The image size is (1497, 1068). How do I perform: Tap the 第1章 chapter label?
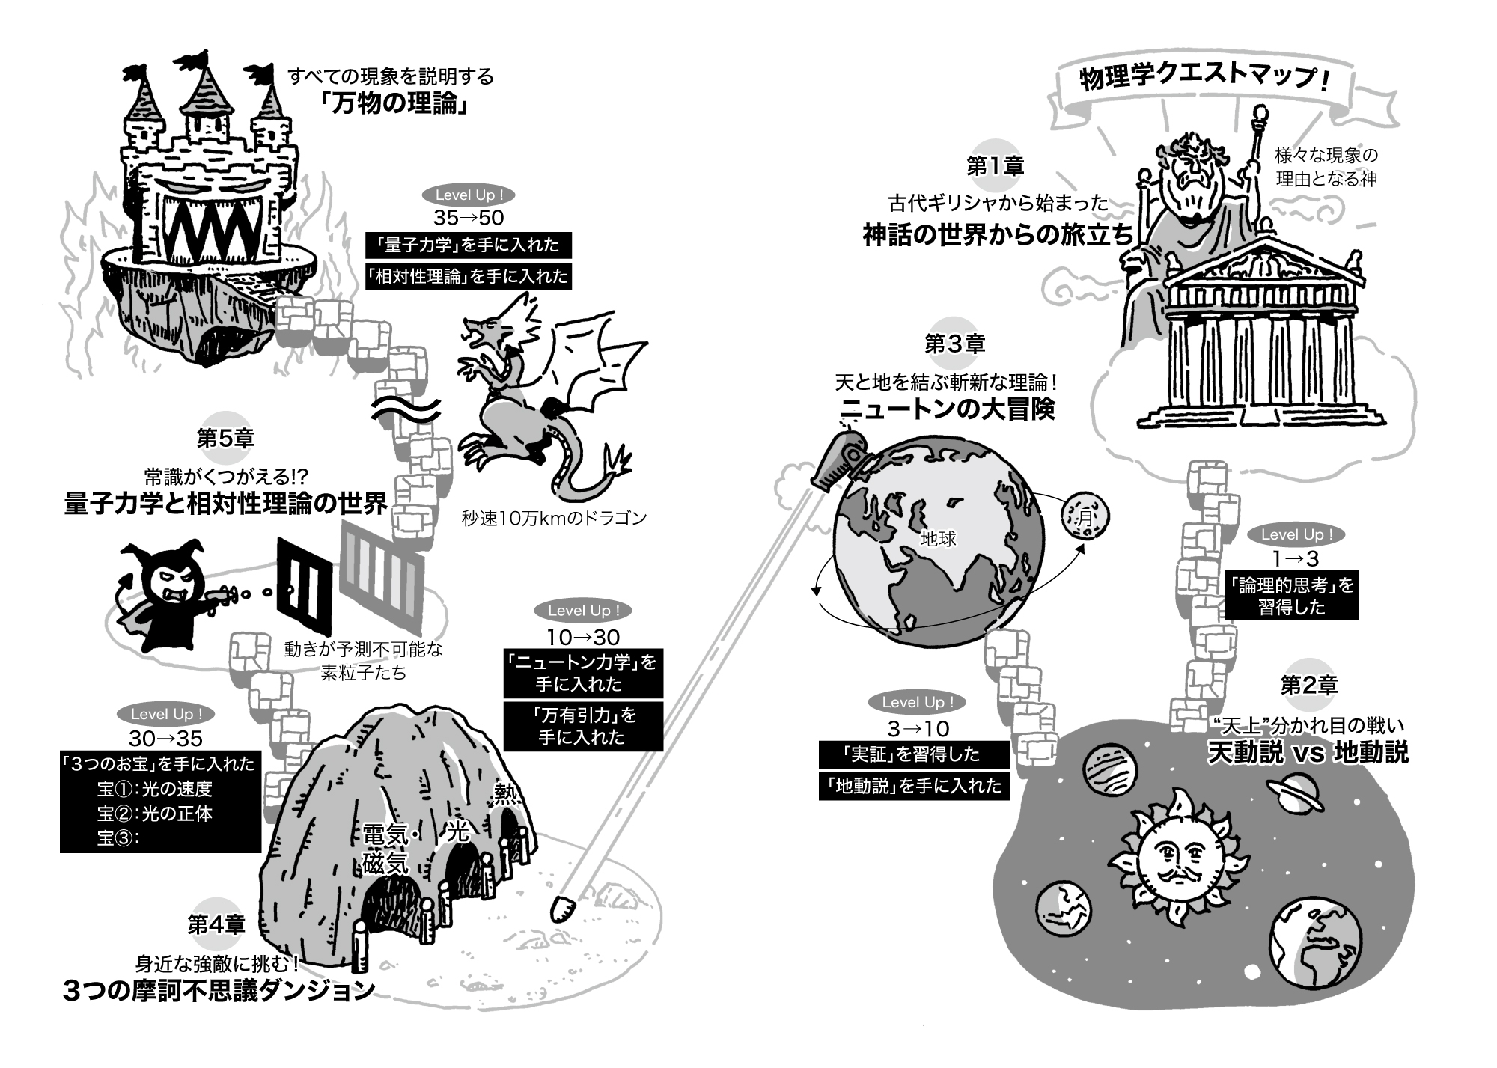[995, 166]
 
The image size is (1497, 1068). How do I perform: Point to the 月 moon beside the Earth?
[1085, 516]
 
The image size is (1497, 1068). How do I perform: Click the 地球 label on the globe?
[939, 538]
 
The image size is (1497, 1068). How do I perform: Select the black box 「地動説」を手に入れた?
[914, 786]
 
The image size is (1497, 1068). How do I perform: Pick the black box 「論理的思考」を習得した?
[1291, 596]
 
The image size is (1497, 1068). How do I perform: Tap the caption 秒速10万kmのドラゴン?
[554, 518]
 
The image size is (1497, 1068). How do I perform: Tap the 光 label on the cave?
[457, 831]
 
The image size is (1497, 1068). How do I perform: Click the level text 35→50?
[469, 218]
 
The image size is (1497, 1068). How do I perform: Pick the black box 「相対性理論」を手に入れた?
[469, 276]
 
